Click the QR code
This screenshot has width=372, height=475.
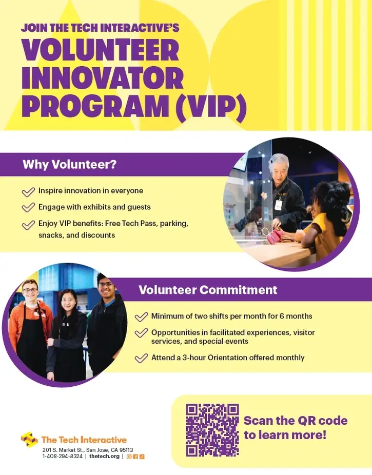(212, 430)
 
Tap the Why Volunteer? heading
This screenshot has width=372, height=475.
(69, 165)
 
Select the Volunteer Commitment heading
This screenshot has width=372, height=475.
(208, 290)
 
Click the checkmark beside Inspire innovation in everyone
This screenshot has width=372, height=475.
(28, 192)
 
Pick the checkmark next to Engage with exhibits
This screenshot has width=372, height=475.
(28, 208)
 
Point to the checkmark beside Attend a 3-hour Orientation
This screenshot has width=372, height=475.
(141, 358)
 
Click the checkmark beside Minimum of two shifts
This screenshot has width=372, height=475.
(141, 316)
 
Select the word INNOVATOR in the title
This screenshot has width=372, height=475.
(102, 78)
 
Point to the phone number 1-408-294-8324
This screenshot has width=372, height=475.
(62, 457)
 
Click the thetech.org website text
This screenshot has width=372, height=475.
(104, 457)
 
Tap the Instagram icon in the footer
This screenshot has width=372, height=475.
(129, 457)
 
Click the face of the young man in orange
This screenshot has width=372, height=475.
(30, 293)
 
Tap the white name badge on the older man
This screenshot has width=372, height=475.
(279, 205)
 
